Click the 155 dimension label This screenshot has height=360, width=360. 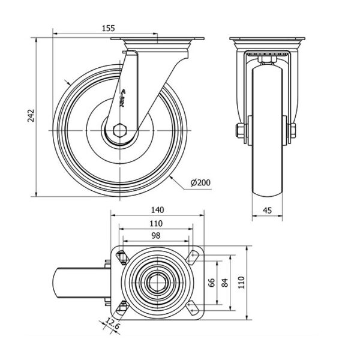pyautogui.click(x=108, y=27)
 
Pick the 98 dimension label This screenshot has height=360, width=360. pyautogui.click(x=156, y=236)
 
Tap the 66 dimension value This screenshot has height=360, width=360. pyautogui.click(x=212, y=282)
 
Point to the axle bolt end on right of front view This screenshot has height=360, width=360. pyautogui.click(x=294, y=130)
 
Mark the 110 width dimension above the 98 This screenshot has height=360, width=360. pyautogui.click(x=156, y=223)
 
